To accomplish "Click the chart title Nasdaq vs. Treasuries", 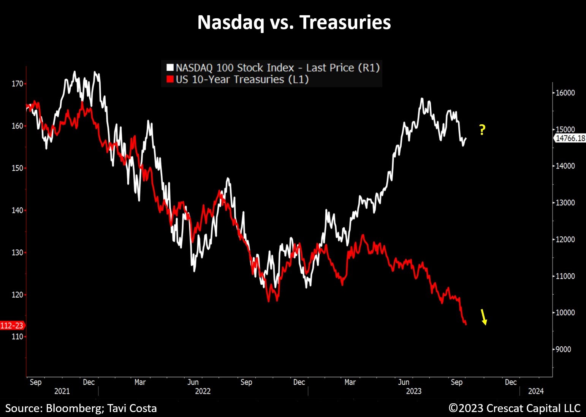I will coord(294,22).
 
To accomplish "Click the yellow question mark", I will coord(482,130).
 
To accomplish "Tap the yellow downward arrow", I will coord(484,317).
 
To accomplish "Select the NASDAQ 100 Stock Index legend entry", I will coord(277,68).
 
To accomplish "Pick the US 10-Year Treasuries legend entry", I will coord(242,79).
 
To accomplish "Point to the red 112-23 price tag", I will coord(12,325).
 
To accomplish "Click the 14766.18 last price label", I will coord(570,138).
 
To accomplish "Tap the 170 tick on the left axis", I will coord(17,84).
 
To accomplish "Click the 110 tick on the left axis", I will coord(17,336).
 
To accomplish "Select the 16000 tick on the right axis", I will coord(565,93).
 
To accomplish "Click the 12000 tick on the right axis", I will coord(565,239).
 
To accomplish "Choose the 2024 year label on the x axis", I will coord(536,391).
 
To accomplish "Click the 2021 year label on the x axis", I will coord(62,391).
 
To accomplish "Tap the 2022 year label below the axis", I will coord(203,391).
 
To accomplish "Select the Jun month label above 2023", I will coord(404,382).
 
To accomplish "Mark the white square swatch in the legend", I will coord(170,68).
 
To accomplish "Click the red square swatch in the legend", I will coord(170,79).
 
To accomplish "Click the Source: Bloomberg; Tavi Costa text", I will coord(81,408).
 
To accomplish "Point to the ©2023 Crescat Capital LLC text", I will coord(515,408).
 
